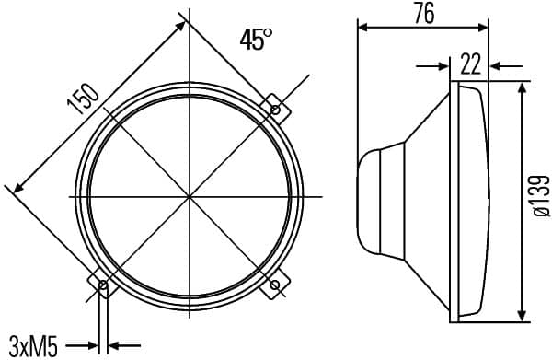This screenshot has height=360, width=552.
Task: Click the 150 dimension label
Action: coord(83,99)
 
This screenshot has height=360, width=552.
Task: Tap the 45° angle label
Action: coord(256,39)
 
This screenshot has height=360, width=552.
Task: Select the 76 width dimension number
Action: coord(423,13)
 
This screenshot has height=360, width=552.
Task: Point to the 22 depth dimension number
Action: coord(470,64)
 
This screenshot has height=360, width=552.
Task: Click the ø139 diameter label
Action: coord(541,196)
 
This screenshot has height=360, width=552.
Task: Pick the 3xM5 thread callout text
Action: coord(33,346)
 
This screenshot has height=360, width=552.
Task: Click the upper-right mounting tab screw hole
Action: coord(276,110)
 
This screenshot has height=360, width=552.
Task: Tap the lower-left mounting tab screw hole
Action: coord(103,285)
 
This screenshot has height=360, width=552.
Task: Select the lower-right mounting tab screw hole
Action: coord(276,285)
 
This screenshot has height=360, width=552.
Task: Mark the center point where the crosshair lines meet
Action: coord(190,196)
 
